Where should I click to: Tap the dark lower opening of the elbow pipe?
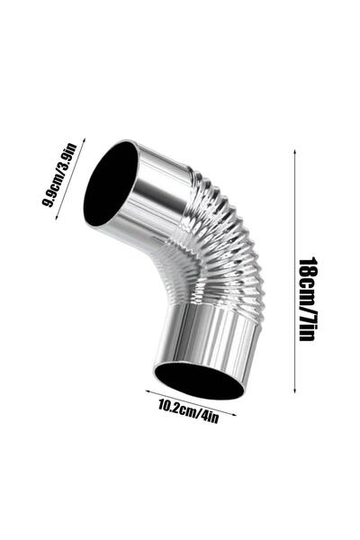click(x=198, y=379)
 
